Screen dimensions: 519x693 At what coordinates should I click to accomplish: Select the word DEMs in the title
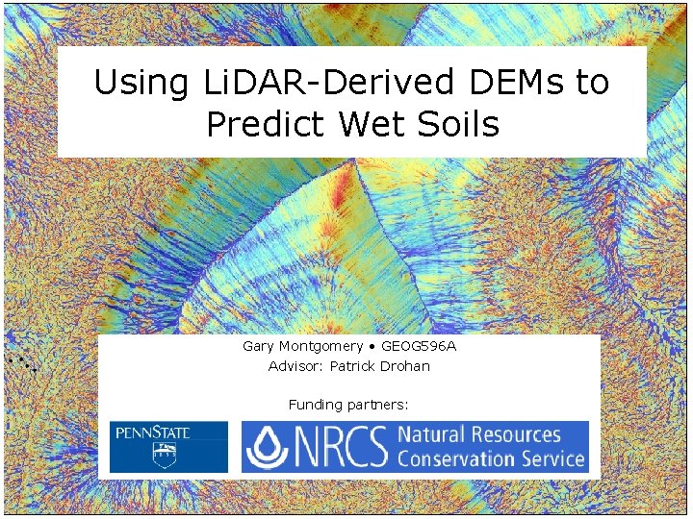point(501,83)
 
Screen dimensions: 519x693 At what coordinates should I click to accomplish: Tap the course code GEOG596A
point(419,346)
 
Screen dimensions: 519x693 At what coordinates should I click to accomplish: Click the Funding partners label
point(348,405)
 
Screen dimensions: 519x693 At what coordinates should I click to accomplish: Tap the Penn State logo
point(168,447)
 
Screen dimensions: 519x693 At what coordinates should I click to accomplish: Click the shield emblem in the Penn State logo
point(167,456)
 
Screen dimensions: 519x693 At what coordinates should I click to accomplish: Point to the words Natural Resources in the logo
point(478,434)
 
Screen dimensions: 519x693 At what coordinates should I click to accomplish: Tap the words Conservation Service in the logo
point(491,458)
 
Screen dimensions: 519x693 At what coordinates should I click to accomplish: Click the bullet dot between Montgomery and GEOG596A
point(372,346)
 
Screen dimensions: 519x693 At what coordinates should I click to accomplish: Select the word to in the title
point(592,83)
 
